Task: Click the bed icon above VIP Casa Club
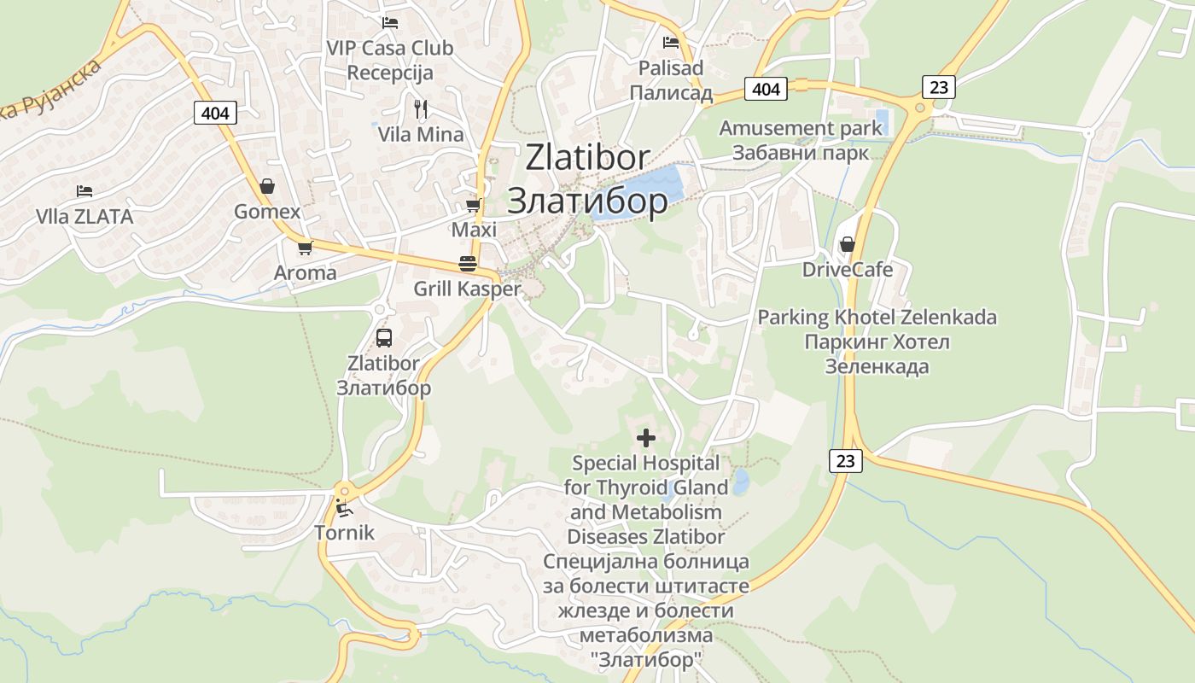(390, 23)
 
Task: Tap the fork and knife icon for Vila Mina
(420, 109)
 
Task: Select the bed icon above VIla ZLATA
(84, 191)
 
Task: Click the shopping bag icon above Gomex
(267, 186)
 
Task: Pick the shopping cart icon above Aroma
(305, 248)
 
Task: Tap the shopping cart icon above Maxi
(473, 206)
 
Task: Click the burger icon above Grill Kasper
(467, 264)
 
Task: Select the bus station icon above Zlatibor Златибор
(384, 337)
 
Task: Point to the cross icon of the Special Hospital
(646, 438)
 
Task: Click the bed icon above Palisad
(671, 42)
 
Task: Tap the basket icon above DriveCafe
(847, 245)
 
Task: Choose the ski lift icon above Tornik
(344, 509)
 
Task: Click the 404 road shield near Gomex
(215, 112)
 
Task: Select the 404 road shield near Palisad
(767, 88)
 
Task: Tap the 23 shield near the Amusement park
(938, 87)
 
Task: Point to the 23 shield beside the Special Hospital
(845, 461)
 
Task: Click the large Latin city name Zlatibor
(588, 158)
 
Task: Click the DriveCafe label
(847, 270)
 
